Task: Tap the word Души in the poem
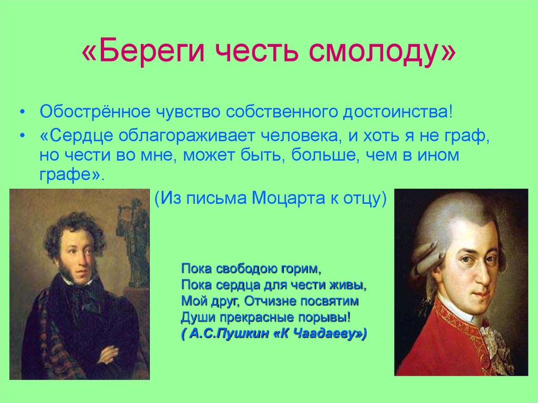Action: (194, 318)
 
